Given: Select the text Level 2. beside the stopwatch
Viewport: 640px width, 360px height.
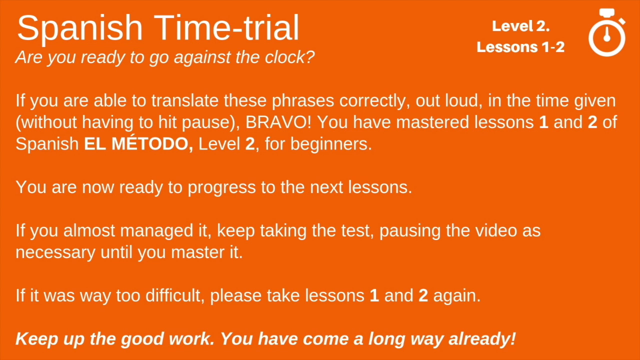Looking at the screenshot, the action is (520, 26).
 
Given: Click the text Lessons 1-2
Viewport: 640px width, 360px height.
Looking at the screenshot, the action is (520, 47).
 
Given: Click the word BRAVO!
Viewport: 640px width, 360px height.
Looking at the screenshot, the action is (278, 122).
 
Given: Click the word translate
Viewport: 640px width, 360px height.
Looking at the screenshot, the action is (185, 100).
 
